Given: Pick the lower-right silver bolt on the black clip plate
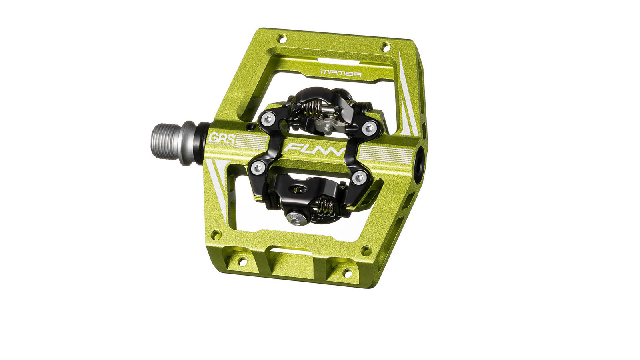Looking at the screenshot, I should (358, 176).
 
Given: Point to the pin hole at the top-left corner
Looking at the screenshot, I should (282, 38).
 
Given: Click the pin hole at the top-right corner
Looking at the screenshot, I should (386, 46).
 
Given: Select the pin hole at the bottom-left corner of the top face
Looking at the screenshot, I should (216, 235).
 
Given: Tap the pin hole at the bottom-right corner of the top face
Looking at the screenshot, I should (366, 251).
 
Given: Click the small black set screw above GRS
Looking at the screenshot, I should (250, 127).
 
